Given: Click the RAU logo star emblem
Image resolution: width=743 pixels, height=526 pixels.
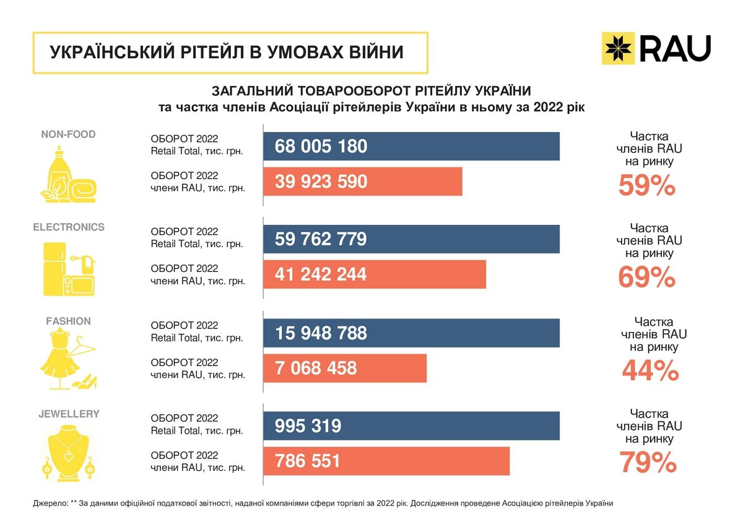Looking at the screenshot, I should (619, 49).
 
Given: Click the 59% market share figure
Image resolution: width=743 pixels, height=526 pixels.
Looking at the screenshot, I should (647, 186).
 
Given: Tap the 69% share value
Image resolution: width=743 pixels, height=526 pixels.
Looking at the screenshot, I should (647, 278).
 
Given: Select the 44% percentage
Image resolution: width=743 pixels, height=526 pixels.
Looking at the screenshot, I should (651, 371).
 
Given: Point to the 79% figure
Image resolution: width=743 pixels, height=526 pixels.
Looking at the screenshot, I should (648, 463).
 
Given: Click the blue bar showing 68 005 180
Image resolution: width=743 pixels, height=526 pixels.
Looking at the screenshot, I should (411, 146).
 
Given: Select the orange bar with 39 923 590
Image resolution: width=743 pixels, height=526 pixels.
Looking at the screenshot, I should (363, 182).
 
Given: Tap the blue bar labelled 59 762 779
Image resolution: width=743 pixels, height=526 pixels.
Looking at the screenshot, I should (411, 239).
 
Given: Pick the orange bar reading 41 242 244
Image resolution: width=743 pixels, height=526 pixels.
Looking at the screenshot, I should (375, 274).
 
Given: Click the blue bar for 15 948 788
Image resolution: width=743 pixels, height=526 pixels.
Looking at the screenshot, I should (411, 333).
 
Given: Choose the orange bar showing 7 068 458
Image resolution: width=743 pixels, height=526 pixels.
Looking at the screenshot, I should (345, 368).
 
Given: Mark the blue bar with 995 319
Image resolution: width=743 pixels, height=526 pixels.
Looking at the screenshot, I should (411, 426).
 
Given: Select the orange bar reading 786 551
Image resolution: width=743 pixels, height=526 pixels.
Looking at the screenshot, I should (386, 461).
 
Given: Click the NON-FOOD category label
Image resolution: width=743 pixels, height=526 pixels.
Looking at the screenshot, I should (68, 134).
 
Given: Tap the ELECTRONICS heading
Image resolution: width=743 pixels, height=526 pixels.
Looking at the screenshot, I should (69, 227).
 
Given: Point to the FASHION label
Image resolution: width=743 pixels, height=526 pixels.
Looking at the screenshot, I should (68, 321).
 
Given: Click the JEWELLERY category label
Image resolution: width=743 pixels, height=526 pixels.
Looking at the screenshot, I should (68, 414).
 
